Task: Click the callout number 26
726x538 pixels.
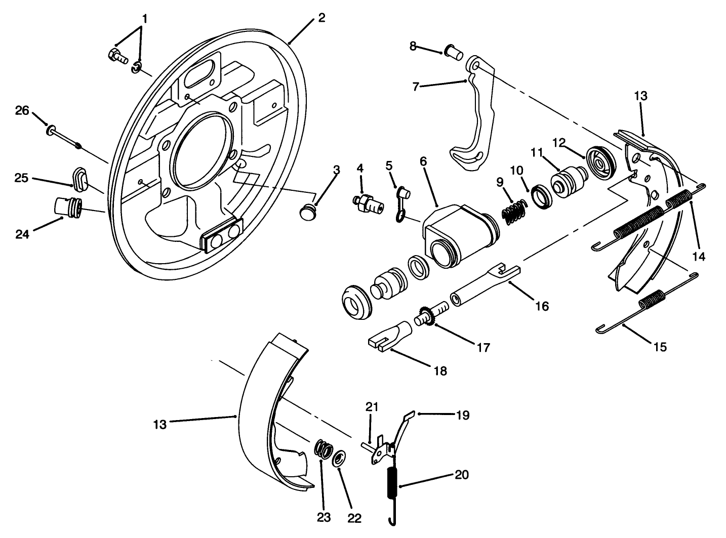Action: pyautogui.click(x=22, y=110)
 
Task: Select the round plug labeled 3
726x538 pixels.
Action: pyautogui.click(x=307, y=212)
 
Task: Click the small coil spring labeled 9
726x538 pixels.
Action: pyautogui.click(x=514, y=208)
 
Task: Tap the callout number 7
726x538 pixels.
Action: pyautogui.click(x=415, y=87)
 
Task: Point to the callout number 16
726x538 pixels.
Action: pyautogui.click(x=541, y=306)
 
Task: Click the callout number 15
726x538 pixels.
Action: pyautogui.click(x=660, y=347)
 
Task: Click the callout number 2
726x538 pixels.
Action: pyautogui.click(x=321, y=18)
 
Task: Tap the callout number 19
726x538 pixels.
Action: pyautogui.click(x=462, y=416)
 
